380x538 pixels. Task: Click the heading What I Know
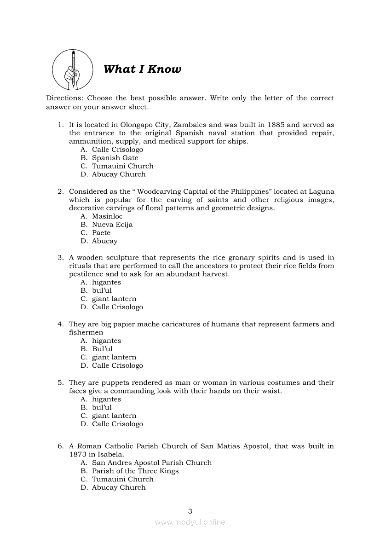[142, 69]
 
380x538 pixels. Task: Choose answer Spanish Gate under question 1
[115, 158]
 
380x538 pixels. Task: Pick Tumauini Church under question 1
[122, 166]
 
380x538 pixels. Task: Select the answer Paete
[101, 233]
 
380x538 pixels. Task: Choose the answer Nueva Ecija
[112, 225]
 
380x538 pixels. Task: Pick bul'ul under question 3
[102, 291]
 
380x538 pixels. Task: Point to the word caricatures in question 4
[188, 324]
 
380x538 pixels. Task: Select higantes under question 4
[106, 341]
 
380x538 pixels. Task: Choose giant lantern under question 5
[114, 416]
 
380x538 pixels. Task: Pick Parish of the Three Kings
[135, 471]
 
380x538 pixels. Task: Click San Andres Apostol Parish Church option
[152, 463]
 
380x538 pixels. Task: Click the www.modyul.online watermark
[190, 522]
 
